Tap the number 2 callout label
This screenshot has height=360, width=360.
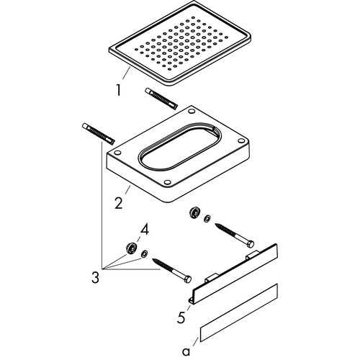(x=119, y=203)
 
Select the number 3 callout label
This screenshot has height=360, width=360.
(x=95, y=278)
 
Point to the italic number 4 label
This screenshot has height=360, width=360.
(x=144, y=230)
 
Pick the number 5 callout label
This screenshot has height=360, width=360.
(x=181, y=318)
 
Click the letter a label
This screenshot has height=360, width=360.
(x=186, y=352)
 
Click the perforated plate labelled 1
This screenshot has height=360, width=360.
(x=180, y=43)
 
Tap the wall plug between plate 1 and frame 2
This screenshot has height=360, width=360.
(x=161, y=99)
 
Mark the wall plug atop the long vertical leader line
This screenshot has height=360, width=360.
(x=99, y=134)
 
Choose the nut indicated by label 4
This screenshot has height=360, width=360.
(x=132, y=248)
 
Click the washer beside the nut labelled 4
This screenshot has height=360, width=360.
(x=145, y=253)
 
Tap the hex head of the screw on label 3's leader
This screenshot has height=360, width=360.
(x=188, y=279)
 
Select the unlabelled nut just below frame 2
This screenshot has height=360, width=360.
(x=194, y=213)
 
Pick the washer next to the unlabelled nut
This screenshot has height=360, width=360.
(x=207, y=219)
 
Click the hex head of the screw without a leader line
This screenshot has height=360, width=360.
(x=251, y=244)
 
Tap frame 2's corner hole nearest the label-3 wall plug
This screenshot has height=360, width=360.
(x=117, y=153)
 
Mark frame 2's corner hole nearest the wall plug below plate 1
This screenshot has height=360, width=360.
(x=192, y=112)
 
